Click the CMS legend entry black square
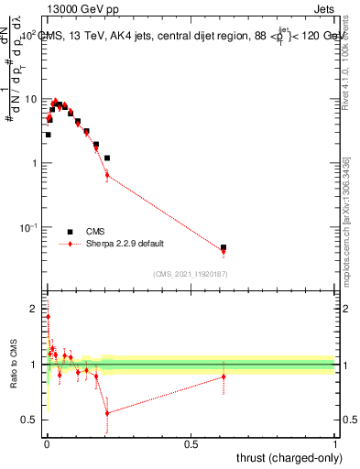click(70, 232)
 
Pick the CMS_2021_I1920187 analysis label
click(190, 273)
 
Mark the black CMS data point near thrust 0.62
click(224, 247)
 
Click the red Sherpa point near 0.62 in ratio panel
click(224, 376)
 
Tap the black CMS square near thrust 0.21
click(107, 158)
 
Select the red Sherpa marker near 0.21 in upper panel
click(107, 175)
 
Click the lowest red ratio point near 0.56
click(107, 413)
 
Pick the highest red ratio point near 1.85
click(48, 317)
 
